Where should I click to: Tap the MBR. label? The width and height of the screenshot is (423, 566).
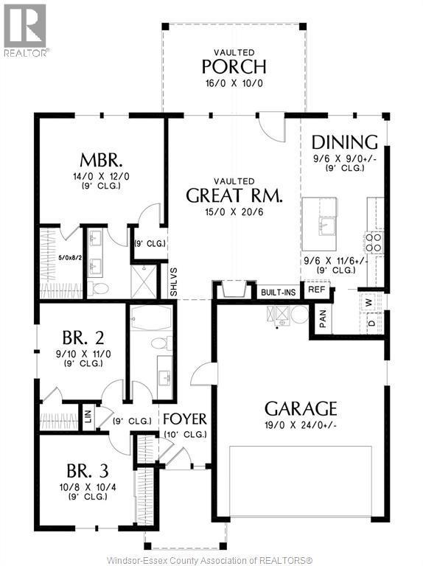point(101,160)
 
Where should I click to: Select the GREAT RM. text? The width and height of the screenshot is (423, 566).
point(234,195)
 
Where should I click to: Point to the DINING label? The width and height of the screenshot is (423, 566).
point(344,142)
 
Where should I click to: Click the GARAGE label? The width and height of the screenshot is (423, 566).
point(301,408)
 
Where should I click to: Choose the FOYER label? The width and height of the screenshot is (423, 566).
point(184,419)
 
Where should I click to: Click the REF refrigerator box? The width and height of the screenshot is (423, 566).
point(317,290)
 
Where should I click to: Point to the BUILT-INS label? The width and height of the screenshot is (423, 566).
point(278,293)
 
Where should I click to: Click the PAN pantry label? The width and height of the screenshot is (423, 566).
point(323,318)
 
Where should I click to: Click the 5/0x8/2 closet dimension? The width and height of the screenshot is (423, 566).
point(59,259)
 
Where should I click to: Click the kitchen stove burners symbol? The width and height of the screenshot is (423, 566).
point(373,242)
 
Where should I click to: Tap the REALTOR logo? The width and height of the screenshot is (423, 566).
point(27,30)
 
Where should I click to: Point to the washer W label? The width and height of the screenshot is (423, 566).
point(369,301)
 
